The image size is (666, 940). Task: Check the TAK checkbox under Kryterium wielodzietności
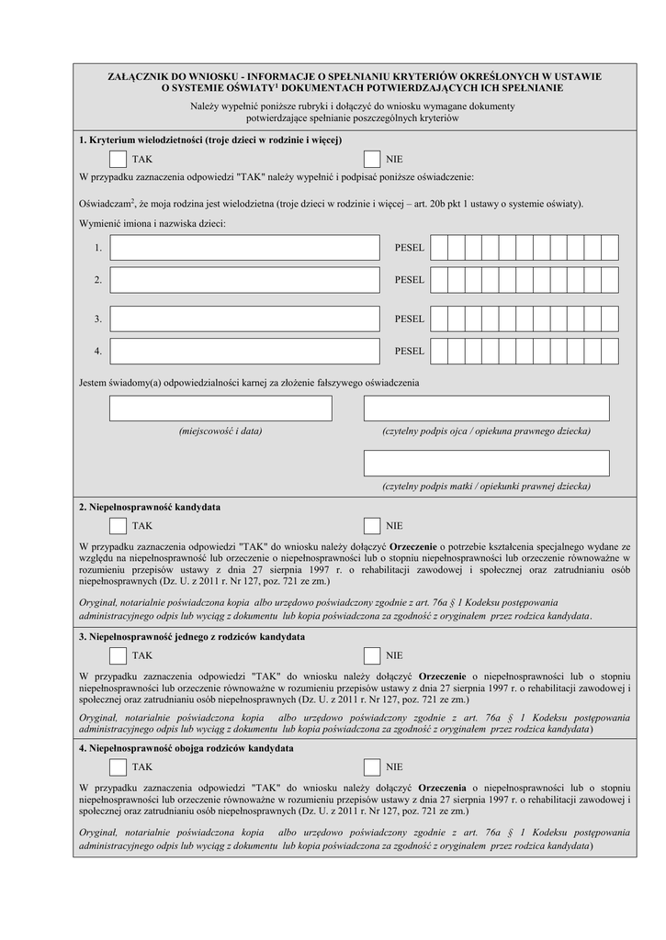pyautogui.click(x=118, y=159)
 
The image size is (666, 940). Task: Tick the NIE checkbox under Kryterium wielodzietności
pyautogui.click(x=372, y=159)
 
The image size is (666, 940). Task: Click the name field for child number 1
pyautogui.click(x=244, y=248)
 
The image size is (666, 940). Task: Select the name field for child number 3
pyautogui.click(x=244, y=319)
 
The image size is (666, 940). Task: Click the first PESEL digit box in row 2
pyautogui.click(x=439, y=280)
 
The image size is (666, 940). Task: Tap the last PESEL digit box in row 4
pyautogui.click(x=610, y=351)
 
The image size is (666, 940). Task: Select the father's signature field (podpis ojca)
pyautogui.click(x=486, y=408)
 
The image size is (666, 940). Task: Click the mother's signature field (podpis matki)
pyautogui.click(x=486, y=463)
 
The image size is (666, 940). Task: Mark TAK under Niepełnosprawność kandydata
pyautogui.click(x=118, y=526)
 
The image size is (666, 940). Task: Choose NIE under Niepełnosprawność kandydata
pyautogui.click(x=372, y=526)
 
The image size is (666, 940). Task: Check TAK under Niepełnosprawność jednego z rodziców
pyautogui.click(x=118, y=655)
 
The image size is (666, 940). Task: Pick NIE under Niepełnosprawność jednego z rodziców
pyautogui.click(x=372, y=655)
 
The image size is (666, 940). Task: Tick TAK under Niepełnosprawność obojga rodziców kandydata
pyautogui.click(x=118, y=767)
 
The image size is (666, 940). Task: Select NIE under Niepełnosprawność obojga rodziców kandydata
pyautogui.click(x=372, y=767)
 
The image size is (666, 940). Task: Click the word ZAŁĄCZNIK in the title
pyautogui.click(x=139, y=76)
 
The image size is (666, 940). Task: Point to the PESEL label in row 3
pyautogui.click(x=410, y=319)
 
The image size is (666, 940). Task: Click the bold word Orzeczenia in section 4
pyautogui.click(x=442, y=788)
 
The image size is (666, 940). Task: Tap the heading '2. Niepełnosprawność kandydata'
pyautogui.click(x=150, y=507)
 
